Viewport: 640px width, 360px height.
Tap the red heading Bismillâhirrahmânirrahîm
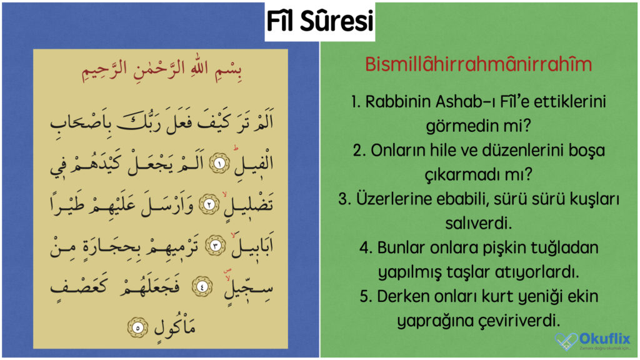click(478, 65)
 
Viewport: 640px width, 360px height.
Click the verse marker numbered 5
click(134, 326)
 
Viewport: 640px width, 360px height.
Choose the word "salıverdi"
click(478, 223)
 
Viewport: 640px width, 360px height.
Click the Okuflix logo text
click(604, 339)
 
